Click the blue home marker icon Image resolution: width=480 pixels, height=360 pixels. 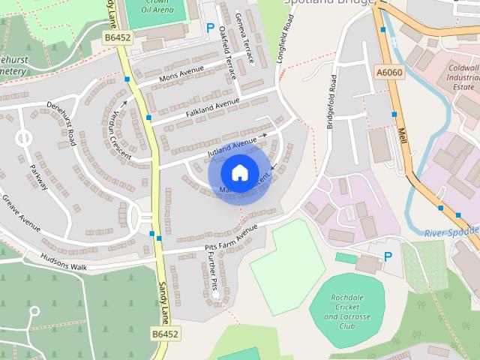pos(238,173)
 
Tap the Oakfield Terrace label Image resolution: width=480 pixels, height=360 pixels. pos(228,52)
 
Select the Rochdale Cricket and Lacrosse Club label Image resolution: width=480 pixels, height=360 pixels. pos(346,311)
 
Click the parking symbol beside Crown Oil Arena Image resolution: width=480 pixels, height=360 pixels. pos(210,28)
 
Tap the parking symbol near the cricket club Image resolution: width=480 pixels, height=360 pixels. pos(388,256)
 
